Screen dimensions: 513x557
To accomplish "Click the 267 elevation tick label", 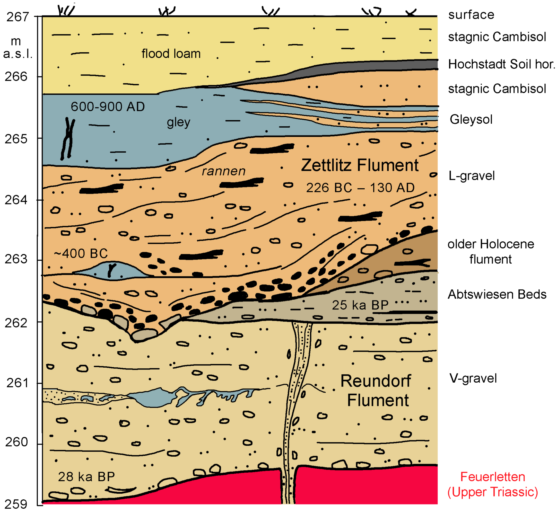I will pyautogui.click(x=18, y=17).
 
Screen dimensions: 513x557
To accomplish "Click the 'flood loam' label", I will pyautogui.click(x=171, y=54).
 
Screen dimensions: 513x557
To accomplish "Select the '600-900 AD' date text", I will pyautogui.click(x=108, y=107).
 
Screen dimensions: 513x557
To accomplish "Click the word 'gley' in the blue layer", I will pyautogui.click(x=179, y=122).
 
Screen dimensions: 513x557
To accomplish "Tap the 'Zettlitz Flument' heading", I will pyautogui.click(x=360, y=165).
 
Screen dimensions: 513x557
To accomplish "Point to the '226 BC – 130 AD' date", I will pyautogui.click(x=360, y=188).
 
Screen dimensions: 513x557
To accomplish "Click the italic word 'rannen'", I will pyautogui.click(x=223, y=171).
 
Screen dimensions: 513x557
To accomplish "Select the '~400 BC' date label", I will pyautogui.click(x=81, y=253).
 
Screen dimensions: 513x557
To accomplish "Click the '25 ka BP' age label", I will pyautogui.click(x=360, y=305).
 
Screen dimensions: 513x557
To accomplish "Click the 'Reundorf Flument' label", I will pyautogui.click(x=376, y=391).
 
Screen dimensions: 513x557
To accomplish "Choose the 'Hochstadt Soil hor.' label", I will pyautogui.click(x=501, y=64).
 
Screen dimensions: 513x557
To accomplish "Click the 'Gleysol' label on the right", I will pyautogui.click(x=471, y=119).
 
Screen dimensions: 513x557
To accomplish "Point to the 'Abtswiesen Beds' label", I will pyautogui.click(x=497, y=294).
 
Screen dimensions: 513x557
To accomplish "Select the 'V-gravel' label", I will pyautogui.click(x=473, y=378).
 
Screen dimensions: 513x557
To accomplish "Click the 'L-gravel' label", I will pyautogui.click(x=472, y=176).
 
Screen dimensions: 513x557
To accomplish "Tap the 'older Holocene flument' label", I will pyautogui.click(x=491, y=252).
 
